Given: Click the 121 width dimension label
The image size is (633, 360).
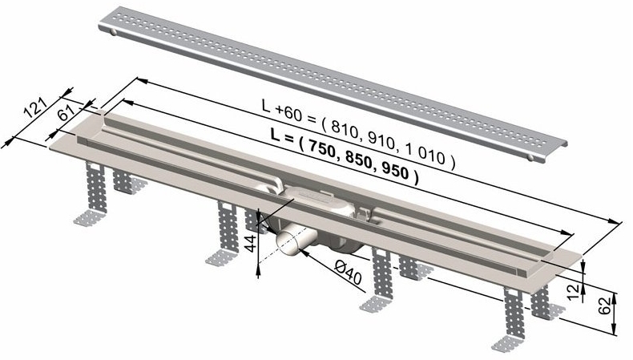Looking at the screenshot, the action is click(x=35, y=108).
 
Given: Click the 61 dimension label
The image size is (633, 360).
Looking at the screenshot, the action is click(x=67, y=113).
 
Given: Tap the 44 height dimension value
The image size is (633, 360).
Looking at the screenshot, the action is click(x=251, y=243).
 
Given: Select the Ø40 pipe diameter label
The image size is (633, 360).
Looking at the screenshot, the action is click(x=348, y=272).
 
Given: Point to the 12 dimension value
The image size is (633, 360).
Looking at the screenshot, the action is click(x=573, y=292).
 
